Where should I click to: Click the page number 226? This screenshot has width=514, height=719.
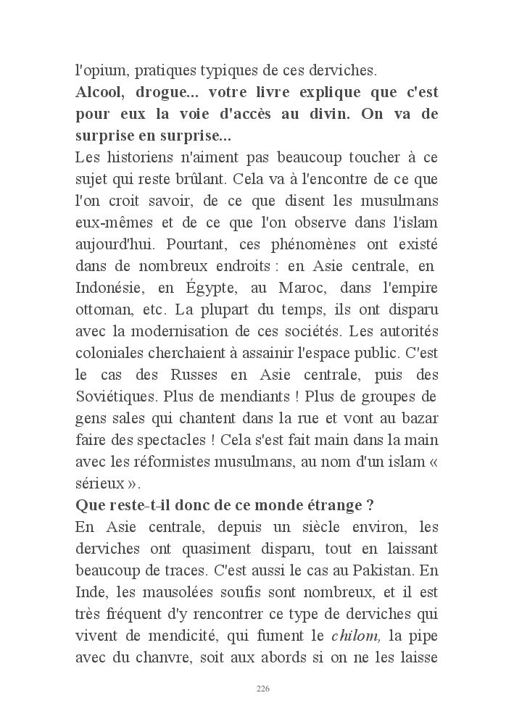point(262,689)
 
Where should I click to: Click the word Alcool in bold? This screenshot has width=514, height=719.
point(101,93)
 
